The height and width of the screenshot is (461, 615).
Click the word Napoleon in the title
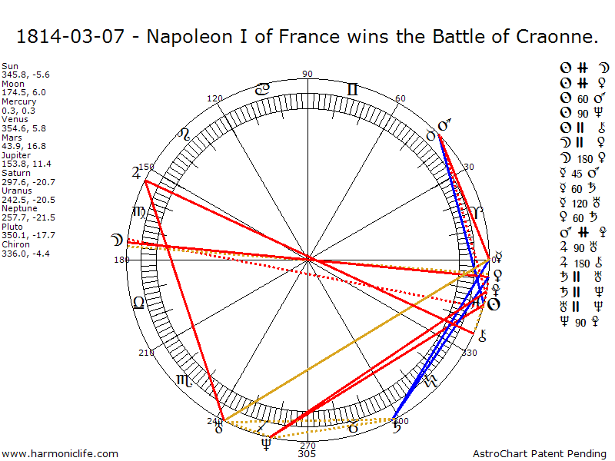(x=186, y=36)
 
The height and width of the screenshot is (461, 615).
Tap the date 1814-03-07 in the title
(x=65, y=36)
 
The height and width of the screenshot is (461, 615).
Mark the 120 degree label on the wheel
(x=215, y=98)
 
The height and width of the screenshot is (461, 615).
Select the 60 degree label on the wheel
(x=401, y=98)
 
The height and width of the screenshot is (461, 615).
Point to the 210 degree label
(x=146, y=353)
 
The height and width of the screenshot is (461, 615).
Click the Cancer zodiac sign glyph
(x=262, y=89)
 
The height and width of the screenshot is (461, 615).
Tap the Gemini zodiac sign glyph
(x=352, y=89)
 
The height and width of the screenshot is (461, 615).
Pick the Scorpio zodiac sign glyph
(x=185, y=379)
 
